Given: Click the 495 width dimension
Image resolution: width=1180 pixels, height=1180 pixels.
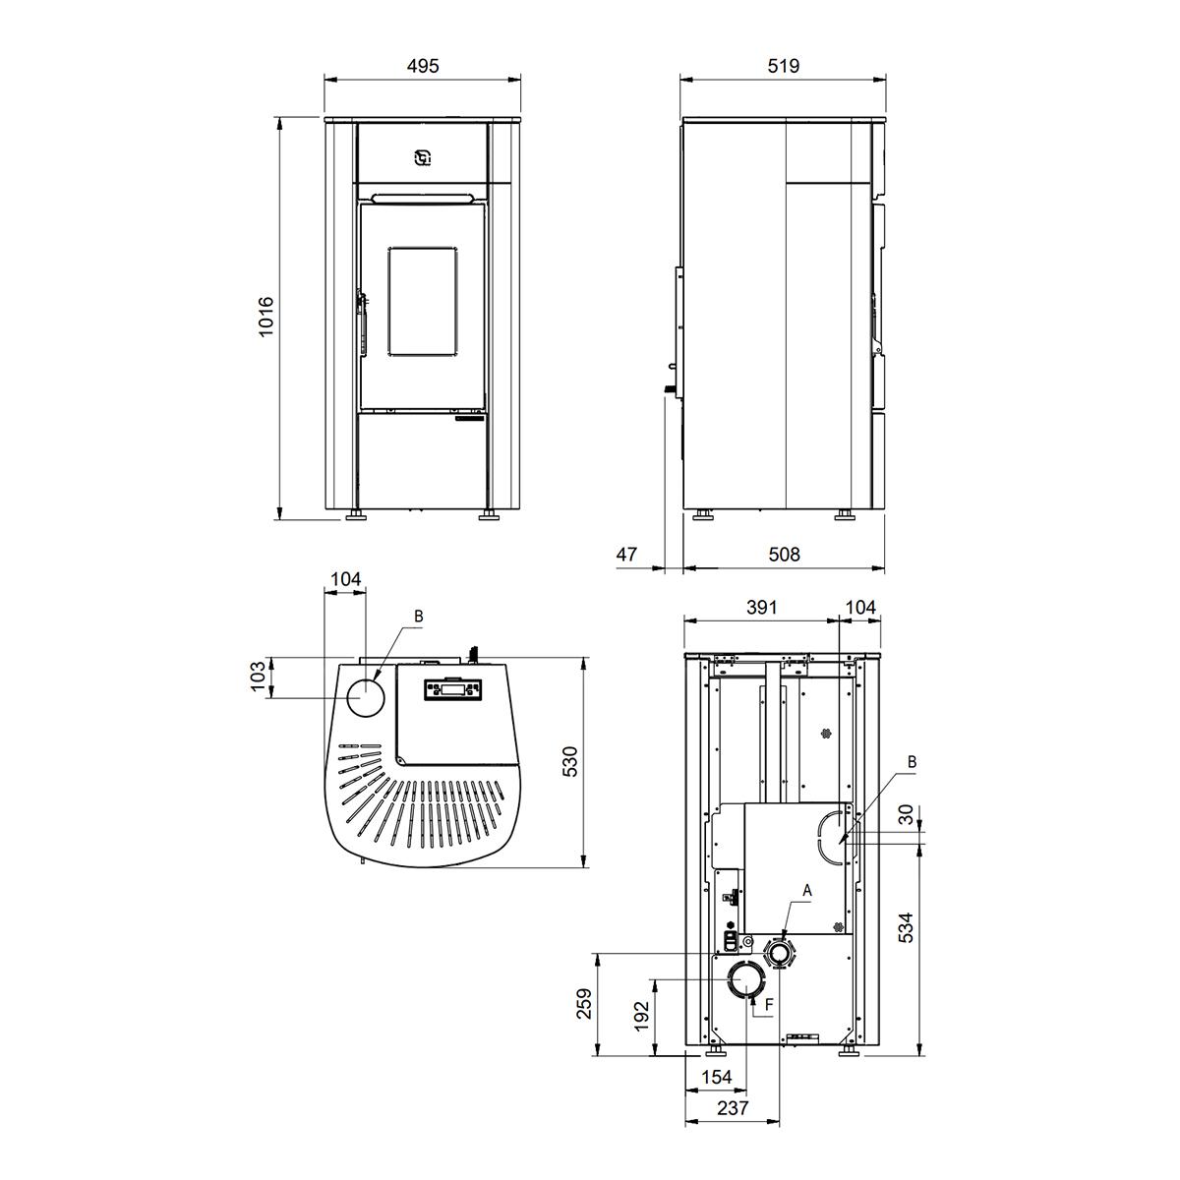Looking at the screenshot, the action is click(423, 66).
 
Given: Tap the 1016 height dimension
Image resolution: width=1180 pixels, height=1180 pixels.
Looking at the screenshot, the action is click(265, 317).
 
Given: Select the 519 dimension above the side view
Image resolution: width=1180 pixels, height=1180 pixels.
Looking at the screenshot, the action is click(783, 66).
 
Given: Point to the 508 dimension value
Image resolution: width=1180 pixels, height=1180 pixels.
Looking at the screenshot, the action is click(784, 555).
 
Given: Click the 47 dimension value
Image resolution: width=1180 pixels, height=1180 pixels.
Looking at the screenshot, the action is click(626, 555).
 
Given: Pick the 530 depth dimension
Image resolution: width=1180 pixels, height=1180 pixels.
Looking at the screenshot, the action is click(570, 762).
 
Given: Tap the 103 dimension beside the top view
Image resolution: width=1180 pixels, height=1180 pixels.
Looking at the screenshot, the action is click(259, 676).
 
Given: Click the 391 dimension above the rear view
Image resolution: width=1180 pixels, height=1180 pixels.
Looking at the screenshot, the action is click(762, 607).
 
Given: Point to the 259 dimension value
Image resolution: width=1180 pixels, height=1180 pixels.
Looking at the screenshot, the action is click(585, 1003).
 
